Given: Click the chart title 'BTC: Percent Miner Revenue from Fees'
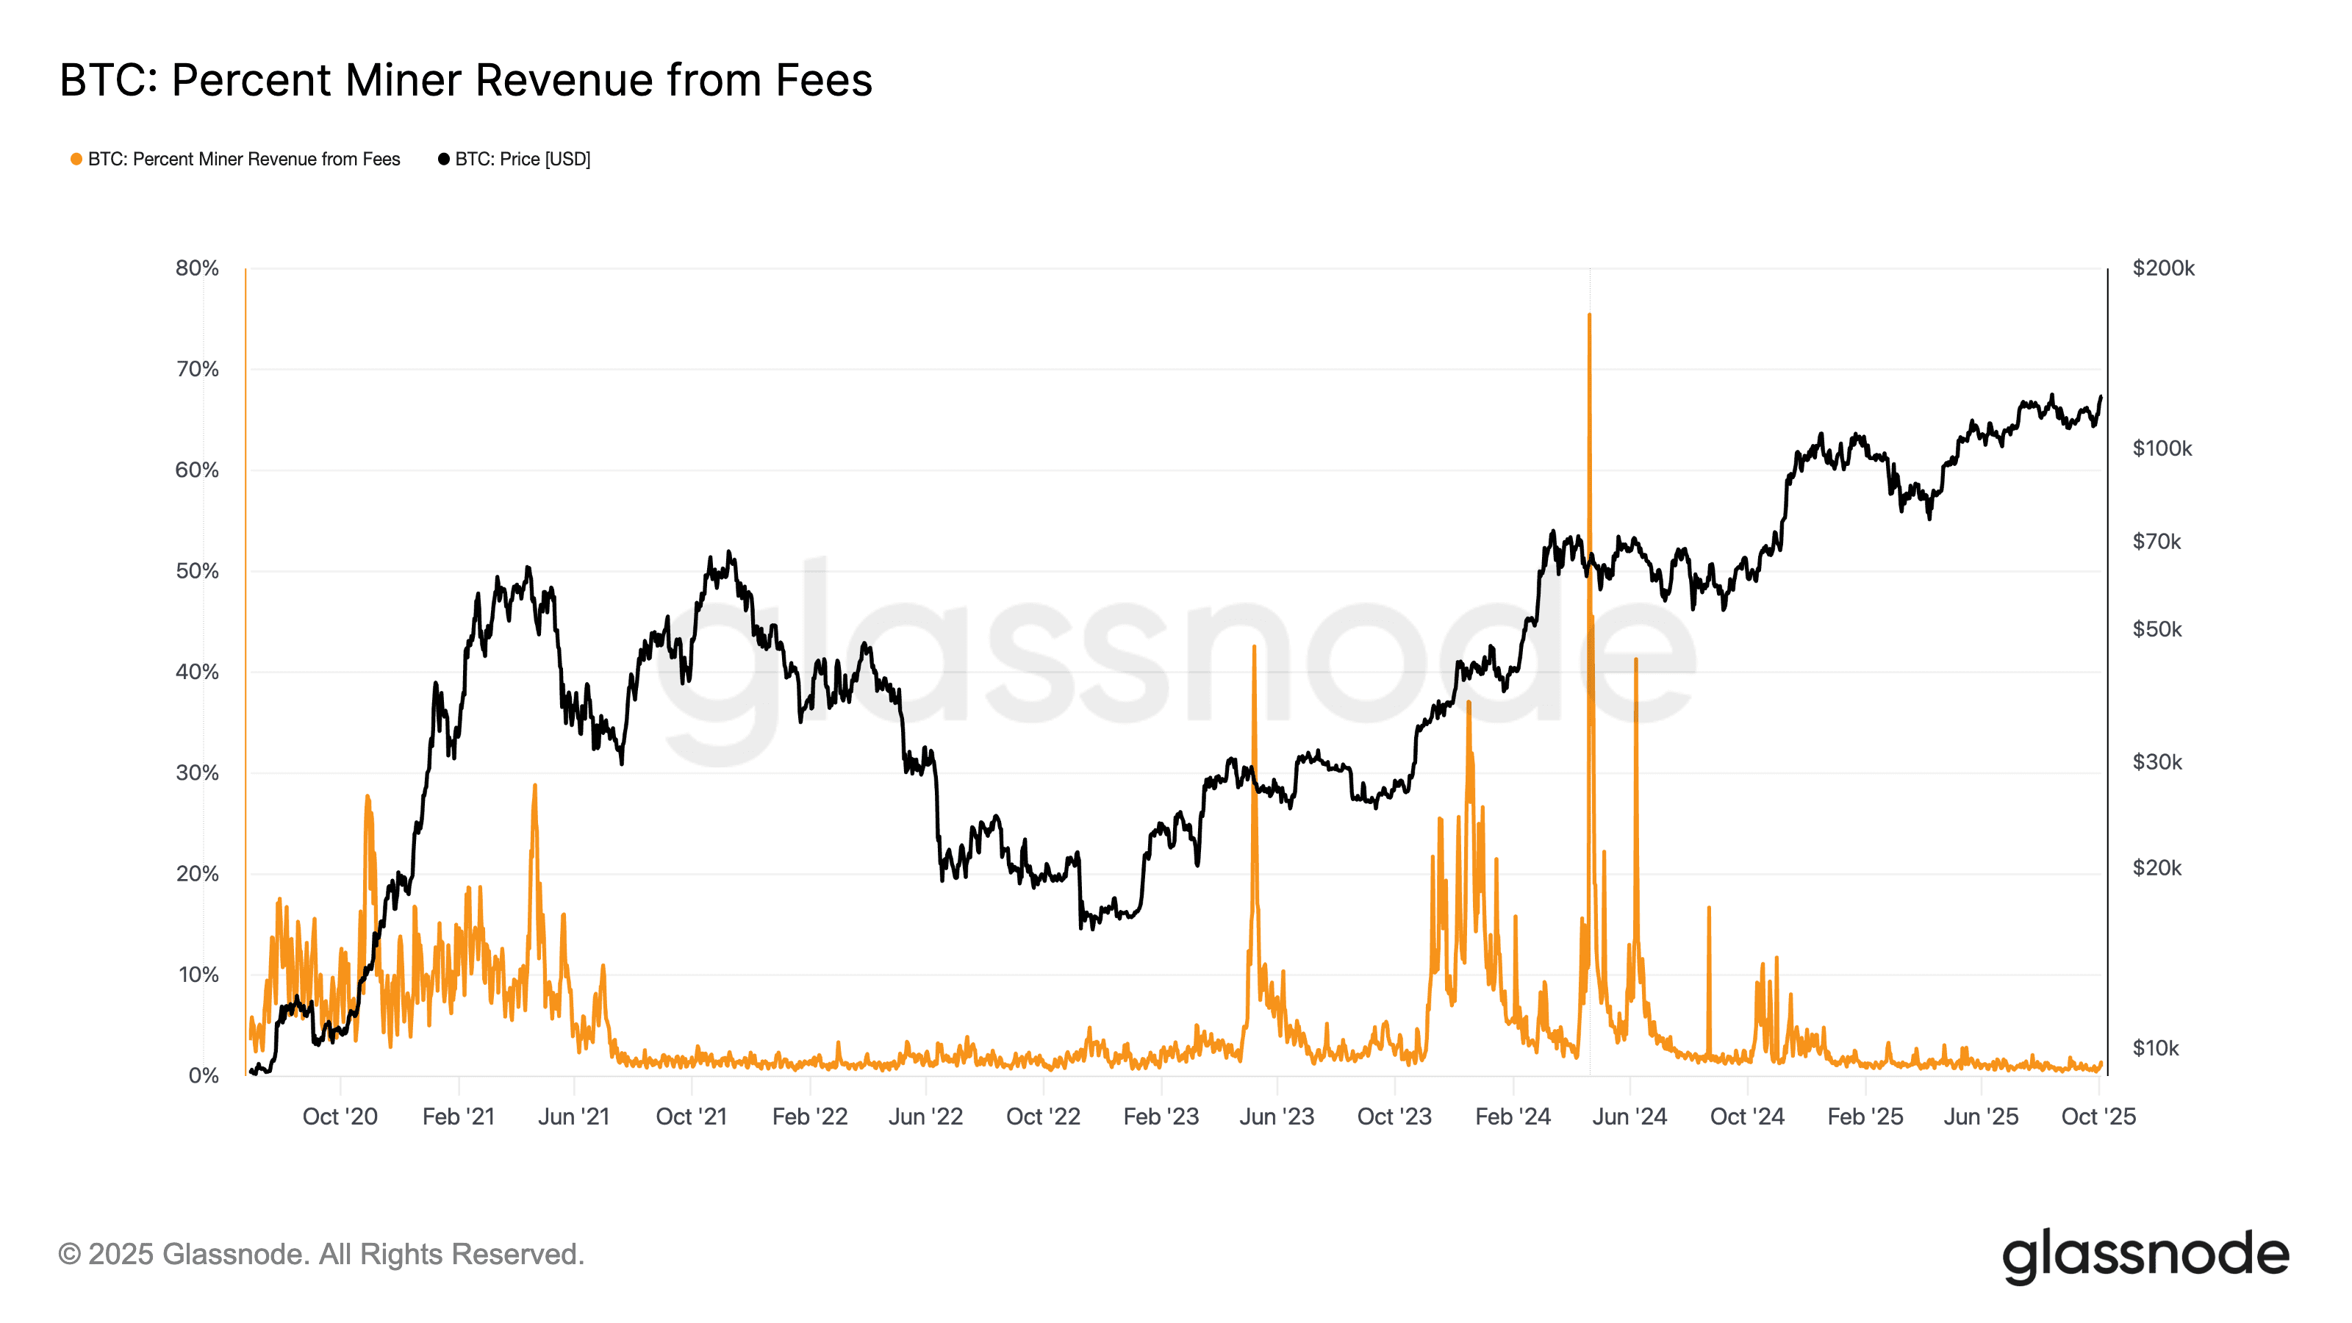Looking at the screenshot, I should click(x=466, y=80).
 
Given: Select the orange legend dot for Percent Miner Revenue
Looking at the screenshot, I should click(x=76, y=159).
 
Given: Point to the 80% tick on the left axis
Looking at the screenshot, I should click(x=197, y=268).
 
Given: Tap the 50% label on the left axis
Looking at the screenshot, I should click(x=197, y=572).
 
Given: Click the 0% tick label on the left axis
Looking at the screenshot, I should click(x=204, y=1075).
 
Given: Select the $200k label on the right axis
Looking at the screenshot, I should click(x=2163, y=268).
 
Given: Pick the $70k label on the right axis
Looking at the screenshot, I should click(x=2156, y=542).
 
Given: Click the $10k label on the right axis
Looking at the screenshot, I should click(x=2156, y=1048).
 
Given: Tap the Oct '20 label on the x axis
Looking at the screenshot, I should click(x=340, y=1116).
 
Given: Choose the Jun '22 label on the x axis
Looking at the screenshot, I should click(x=926, y=1116).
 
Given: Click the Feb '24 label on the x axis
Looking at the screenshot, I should click(x=1513, y=1116).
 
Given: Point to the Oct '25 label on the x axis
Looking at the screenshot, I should click(x=2098, y=1116).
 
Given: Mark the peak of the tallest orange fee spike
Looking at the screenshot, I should click(x=1590, y=315).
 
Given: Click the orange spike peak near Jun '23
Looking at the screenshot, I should click(x=1255, y=647).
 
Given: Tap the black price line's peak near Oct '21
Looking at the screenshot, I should click(x=728, y=551).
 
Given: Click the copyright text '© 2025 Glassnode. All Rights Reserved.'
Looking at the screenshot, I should click(x=320, y=1255).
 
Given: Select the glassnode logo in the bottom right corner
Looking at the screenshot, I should click(x=2145, y=1256).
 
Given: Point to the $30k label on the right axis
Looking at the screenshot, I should click(x=2156, y=762).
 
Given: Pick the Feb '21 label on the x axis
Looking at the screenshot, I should click(x=459, y=1116).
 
